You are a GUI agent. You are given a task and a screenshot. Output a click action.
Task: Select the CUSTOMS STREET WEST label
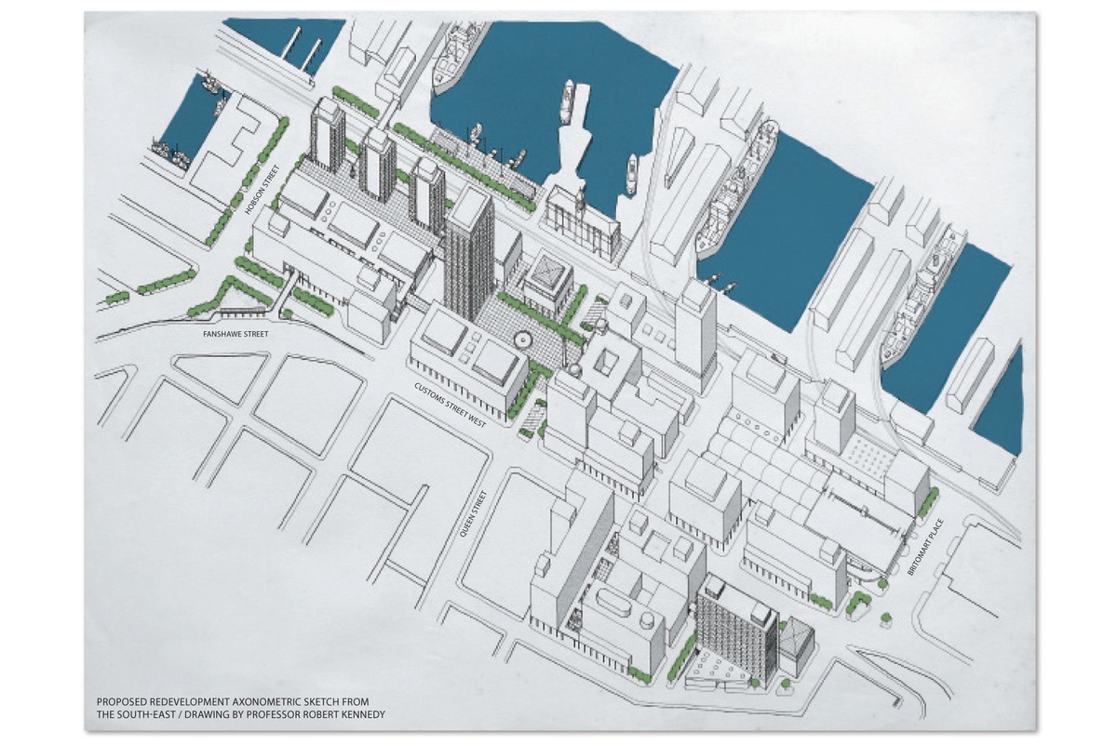pos(451,406)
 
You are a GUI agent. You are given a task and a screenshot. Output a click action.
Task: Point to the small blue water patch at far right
pos(1001,400)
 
